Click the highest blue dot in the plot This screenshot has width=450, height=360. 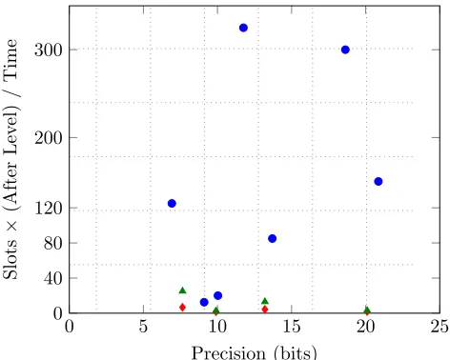[x=243, y=28]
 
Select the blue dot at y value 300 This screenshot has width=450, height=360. [x=345, y=50]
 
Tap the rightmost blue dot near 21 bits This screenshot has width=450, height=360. [x=378, y=182]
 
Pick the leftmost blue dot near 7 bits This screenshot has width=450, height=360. [x=172, y=204]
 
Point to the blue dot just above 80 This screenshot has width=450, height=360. [x=273, y=239]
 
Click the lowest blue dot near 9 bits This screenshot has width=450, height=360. [x=204, y=302]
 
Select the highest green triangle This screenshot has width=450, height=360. [x=183, y=290]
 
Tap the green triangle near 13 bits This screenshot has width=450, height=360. [x=265, y=301]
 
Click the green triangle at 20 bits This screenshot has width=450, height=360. [x=367, y=310]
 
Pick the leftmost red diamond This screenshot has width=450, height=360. [x=182, y=308]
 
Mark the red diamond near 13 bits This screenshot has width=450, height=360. [x=265, y=310]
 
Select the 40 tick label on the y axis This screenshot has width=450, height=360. [x=52, y=279]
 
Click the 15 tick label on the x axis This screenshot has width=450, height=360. [x=292, y=327]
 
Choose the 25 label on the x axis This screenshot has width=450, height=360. [x=440, y=327]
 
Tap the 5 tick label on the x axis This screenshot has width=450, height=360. [x=143, y=327]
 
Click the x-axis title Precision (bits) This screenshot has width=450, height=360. [x=255, y=352]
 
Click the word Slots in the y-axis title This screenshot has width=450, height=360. [x=10, y=259]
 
